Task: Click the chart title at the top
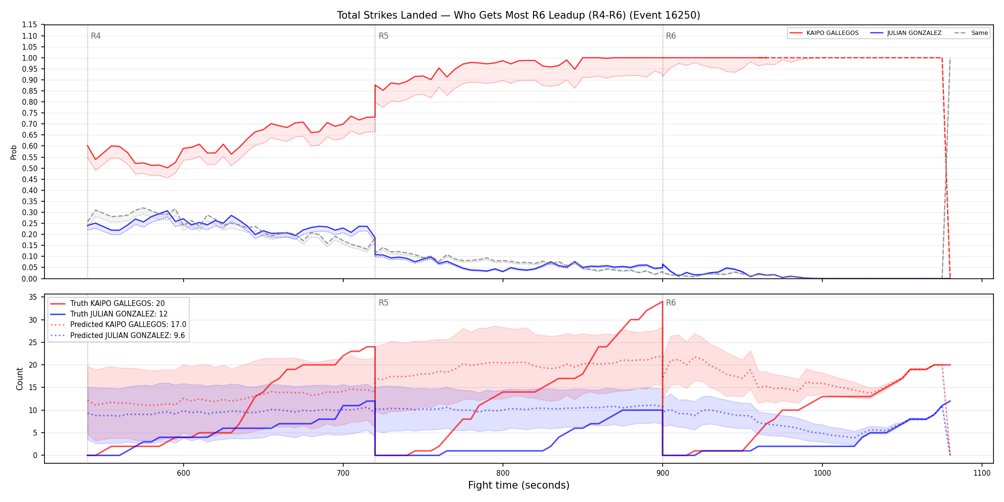coord(518,15)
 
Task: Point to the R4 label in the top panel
coord(96,36)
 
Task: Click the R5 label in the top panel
coord(383,36)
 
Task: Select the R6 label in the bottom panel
coord(671,303)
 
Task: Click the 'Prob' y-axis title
coord(14,152)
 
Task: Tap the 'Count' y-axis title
coord(20,379)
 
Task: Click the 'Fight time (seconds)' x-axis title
coord(519,485)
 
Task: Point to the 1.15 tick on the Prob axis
coord(29,25)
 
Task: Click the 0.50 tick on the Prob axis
coord(29,168)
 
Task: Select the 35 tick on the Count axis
coord(33,297)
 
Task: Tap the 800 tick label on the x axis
coord(503,473)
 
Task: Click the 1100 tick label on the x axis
coord(982,473)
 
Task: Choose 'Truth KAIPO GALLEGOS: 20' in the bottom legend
coord(117,304)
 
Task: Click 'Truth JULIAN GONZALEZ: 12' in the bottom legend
coord(119,314)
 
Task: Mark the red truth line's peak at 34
coord(662,302)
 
